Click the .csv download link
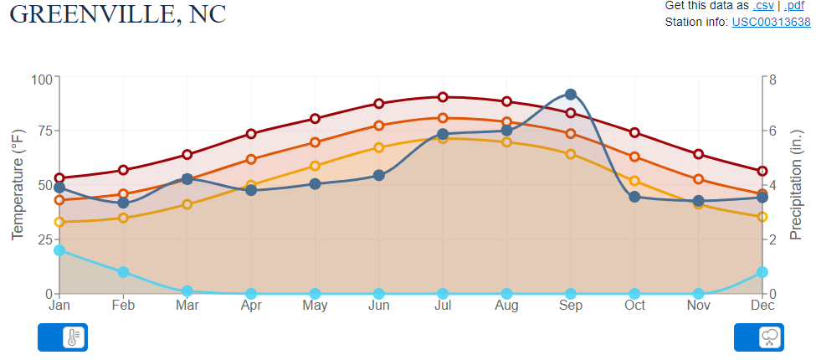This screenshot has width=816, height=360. pyautogui.click(x=764, y=6)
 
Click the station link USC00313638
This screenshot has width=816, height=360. pyautogui.click(x=771, y=22)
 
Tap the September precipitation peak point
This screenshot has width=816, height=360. pyautogui.click(x=571, y=95)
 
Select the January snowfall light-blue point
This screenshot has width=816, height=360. pyautogui.click(x=59, y=250)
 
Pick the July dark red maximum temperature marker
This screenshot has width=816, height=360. pyautogui.click(x=443, y=97)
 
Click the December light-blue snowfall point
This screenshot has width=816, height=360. pyautogui.click(x=762, y=272)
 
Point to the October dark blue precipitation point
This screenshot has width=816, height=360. pyautogui.click(x=634, y=197)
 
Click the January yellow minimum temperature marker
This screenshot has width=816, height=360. pyautogui.click(x=59, y=222)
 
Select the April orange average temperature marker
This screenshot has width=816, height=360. pyautogui.click(x=251, y=159)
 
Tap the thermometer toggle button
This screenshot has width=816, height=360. pyautogui.click(x=63, y=337)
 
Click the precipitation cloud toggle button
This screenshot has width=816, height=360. pyautogui.click(x=759, y=337)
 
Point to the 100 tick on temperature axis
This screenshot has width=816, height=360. pyautogui.click(x=41, y=80)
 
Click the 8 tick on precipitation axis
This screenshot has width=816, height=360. pyautogui.click(x=773, y=80)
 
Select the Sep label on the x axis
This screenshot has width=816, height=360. pyautogui.click(x=571, y=306)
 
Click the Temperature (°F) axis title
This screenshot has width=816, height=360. pyautogui.click(x=18, y=184)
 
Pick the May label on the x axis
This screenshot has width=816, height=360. pyautogui.click(x=315, y=306)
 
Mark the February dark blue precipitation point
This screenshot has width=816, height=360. pyautogui.click(x=123, y=203)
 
